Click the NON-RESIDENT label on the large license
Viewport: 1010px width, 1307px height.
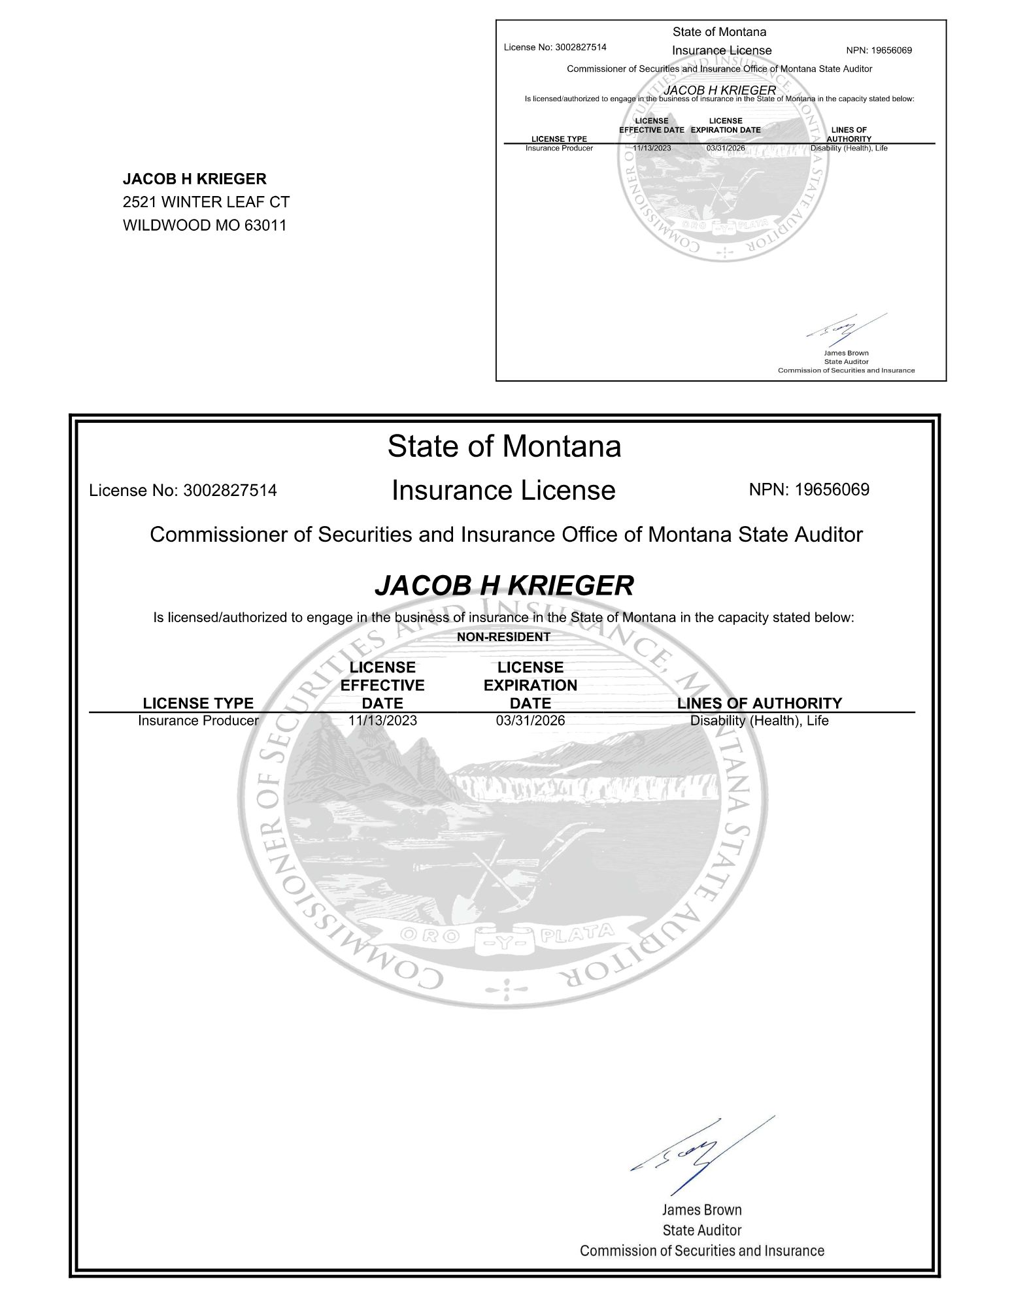[503, 637]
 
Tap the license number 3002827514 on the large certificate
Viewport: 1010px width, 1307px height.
[230, 490]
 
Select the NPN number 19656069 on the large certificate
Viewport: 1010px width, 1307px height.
[832, 489]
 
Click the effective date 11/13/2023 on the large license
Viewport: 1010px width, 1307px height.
[382, 721]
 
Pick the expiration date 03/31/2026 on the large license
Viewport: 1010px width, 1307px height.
[530, 721]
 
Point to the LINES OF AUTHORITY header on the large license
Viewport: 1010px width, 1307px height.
[760, 703]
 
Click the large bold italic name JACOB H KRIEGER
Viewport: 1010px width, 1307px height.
[504, 586]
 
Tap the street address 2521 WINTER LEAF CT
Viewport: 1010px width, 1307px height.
[206, 202]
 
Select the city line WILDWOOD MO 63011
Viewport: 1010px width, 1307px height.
[205, 225]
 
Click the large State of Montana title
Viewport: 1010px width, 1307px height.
[504, 446]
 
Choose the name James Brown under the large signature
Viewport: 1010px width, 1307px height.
[701, 1210]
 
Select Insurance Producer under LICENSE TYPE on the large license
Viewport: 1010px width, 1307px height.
[198, 721]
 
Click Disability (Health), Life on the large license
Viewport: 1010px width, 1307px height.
[760, 721]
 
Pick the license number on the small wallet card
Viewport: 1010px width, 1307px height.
[581, 47]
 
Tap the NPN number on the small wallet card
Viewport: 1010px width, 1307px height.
[892, 50]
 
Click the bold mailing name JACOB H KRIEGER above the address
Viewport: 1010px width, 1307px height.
[195, 179]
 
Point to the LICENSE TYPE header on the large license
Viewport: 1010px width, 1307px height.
[198, 703]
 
